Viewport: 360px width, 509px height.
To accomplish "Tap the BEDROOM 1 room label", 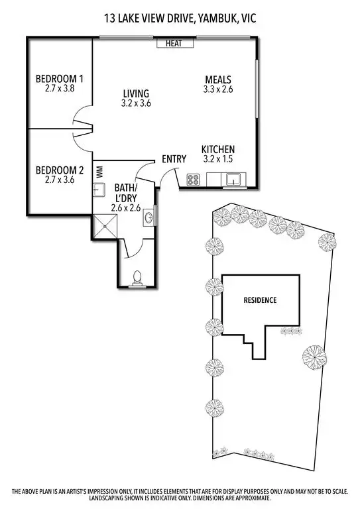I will [54, 81].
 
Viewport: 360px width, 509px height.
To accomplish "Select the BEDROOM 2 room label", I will [54, 170].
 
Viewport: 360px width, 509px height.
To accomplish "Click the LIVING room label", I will [135, 93].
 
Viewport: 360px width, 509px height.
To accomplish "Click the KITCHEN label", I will [218, 150].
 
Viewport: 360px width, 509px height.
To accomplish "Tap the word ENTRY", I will [174, 159].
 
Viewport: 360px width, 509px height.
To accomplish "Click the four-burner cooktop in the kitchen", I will [194, 179].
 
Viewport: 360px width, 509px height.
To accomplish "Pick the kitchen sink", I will [233, 179].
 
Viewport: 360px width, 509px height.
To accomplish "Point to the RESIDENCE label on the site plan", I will [260, 300].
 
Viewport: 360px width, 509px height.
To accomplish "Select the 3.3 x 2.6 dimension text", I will [218, 88].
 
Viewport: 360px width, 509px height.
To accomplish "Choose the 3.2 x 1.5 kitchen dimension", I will [218, 159].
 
